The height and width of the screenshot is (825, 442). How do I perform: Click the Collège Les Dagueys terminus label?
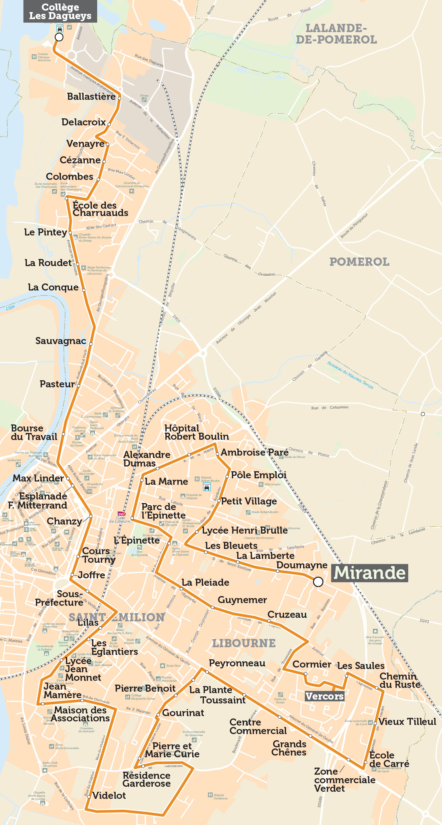tap(60, 11)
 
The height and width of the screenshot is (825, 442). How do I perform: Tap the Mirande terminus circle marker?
tap(318, 582)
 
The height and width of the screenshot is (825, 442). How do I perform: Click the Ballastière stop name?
tap(91, 97)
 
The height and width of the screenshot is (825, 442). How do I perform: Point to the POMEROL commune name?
tap(359, 262)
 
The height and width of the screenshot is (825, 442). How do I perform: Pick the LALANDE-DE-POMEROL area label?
tap(336, 34)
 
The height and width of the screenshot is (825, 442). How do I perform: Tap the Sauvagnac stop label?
tap(61, 341)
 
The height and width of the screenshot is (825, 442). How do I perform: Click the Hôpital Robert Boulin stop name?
tap(196, 432)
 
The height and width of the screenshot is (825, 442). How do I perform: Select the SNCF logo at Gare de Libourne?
tap(122, 514)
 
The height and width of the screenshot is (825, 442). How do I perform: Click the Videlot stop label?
tap(109, 795)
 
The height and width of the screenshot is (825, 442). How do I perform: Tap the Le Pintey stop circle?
tap(70, 233)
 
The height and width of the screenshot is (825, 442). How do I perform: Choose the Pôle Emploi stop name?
tap(258, 475)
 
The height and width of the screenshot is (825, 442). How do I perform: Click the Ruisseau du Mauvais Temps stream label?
tap(350, 375)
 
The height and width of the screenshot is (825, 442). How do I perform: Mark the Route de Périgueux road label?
tap(354, 226)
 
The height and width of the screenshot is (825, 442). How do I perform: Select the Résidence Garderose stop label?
tap(146, 779)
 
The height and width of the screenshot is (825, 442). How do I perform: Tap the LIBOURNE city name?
tap(244, 643)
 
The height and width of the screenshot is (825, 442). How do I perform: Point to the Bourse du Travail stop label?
tap(34, 432)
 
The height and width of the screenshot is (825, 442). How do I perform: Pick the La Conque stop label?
tap(53, 287)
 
